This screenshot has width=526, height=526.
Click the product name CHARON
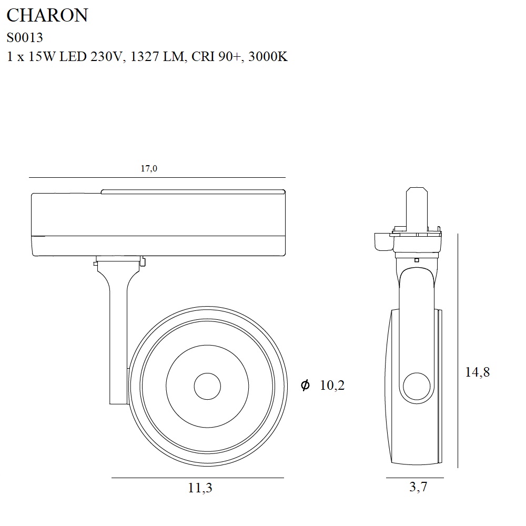tap(47, 15)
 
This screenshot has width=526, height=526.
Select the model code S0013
tap(25, 37)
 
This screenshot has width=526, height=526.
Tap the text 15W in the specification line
tap(42, 56)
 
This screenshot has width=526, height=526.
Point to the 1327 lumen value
tap(145, 56)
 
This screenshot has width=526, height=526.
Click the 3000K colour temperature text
tap(268, 56)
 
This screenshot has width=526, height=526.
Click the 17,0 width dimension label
tap(149, 168)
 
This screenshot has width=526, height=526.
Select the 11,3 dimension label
tap(200, 488)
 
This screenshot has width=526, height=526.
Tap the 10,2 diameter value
tap(332, 385)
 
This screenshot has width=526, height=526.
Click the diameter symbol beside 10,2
tap(305, 385)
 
